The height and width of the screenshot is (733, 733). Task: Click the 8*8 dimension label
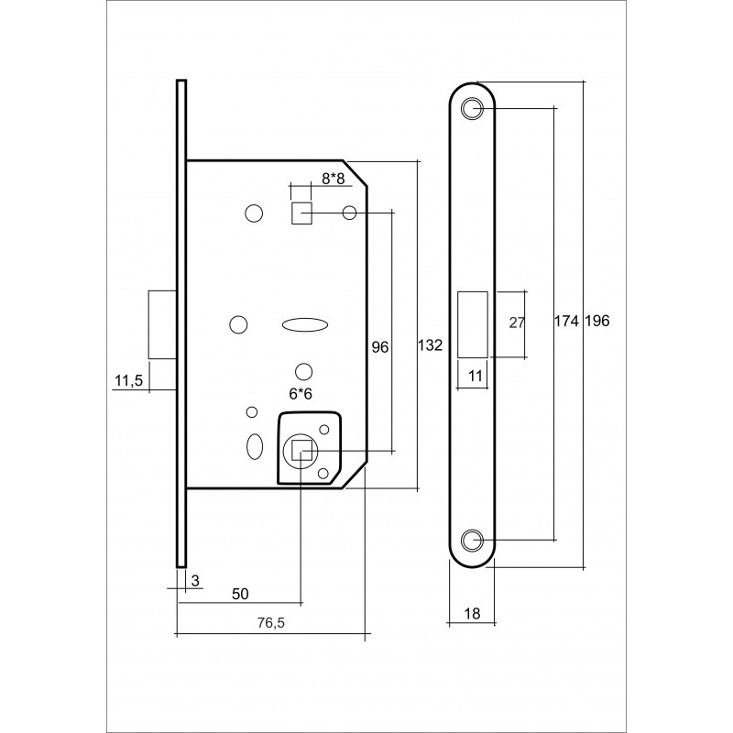(x=333, y=178)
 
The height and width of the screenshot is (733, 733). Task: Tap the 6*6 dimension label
(x=301, y=394)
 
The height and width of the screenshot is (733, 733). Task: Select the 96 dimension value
(x=379, y=347)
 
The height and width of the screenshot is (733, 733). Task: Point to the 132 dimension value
(x=430, y=345)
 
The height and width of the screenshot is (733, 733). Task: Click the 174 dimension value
(x=566, y=321)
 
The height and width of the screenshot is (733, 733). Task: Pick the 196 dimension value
(x=597, y=321)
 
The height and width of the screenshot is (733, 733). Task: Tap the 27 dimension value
(x=517, y=323)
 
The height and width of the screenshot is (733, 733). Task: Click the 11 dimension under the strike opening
(x=475, y=376)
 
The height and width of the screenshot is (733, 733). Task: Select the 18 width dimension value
(x=473, y=613)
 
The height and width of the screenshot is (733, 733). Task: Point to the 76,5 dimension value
(x=271, y=623)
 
